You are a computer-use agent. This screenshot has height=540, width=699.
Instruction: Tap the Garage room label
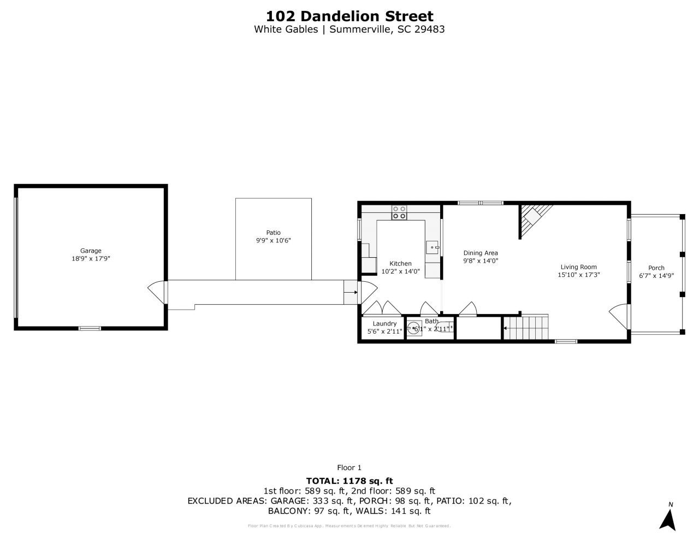coord(91,251)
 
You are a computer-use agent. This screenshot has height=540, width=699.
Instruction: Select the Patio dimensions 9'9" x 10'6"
coord(273,241)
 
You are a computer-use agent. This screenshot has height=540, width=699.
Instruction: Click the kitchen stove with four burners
coord(399,212)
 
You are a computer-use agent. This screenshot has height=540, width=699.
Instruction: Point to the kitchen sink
coord(433,247)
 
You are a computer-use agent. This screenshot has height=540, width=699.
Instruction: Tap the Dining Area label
coord(481,253)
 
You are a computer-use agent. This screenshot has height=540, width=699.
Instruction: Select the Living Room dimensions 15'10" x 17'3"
coord(579,275)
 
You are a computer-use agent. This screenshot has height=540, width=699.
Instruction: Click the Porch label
coord(656,268)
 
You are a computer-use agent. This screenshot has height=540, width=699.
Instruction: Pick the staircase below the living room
coord(525,328)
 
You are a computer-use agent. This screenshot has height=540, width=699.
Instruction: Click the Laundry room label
coord(384,324)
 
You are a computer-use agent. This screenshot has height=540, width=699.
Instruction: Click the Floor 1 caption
coord(349,467)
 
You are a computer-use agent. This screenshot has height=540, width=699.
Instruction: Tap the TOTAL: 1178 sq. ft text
coord(349,481)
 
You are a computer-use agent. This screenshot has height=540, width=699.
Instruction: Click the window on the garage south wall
coord(90,328)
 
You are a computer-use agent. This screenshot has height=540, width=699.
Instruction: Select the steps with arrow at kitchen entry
coord(350,292)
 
